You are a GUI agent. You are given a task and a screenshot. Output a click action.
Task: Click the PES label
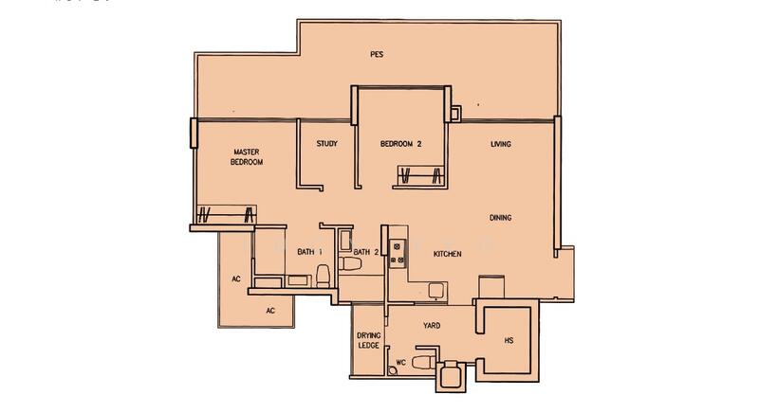click(377, 54)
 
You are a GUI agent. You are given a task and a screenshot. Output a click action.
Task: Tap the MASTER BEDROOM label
click(246, 156)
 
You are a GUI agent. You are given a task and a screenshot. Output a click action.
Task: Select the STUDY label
click(327, 144)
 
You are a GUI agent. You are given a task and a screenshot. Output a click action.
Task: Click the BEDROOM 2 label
click(400, 144)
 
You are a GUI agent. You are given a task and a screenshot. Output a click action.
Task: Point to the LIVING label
click(501, 144)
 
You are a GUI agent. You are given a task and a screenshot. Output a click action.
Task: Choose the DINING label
click(501, 218)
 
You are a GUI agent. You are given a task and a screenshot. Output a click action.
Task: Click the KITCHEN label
click(447, 254)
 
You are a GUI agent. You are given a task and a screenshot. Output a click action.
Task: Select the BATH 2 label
click(366, 252)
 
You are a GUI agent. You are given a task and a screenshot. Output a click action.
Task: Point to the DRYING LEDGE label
click(369, 341)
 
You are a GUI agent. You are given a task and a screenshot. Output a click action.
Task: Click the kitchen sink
click(435, 290)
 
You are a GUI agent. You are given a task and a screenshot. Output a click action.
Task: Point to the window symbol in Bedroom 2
click(418, 176)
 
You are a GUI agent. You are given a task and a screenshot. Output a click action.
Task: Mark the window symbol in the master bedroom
click(225, 214)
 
